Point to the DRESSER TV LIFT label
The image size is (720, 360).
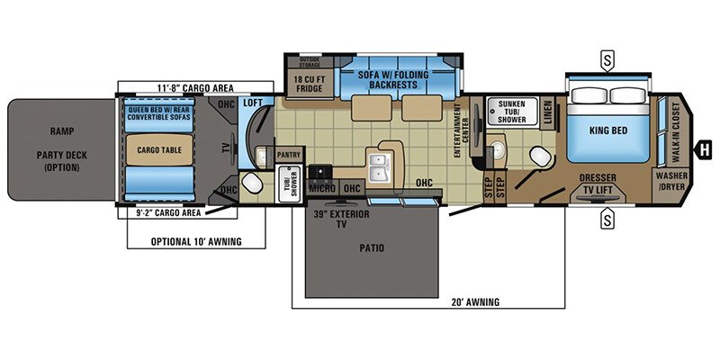(x=597, y=184)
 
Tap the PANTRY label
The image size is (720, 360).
(x=288, y=155)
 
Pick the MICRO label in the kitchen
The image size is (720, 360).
(x=321, y=187)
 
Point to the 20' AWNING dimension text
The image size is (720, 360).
(x=472, y=301)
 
